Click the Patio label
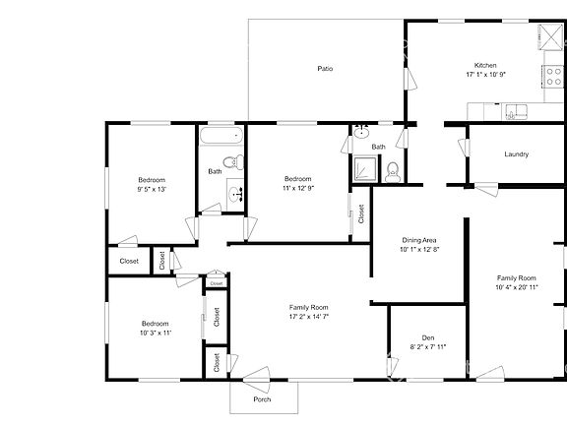[325, 69]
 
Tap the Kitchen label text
[483, 64]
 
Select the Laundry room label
[517, 154]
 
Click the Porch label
[262, 399]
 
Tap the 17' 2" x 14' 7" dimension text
[308, 317]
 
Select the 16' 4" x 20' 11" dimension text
[516, 288]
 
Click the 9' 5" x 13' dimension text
[151, 190]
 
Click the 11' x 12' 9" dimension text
[298, 187]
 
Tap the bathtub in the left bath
[222, 137]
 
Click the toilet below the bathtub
[229, 162]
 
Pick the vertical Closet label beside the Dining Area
[360, 214]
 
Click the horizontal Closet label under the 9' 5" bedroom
[129, 261]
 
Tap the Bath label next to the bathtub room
[215, 172]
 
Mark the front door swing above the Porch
[258, 375]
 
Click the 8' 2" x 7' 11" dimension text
[428, 347]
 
